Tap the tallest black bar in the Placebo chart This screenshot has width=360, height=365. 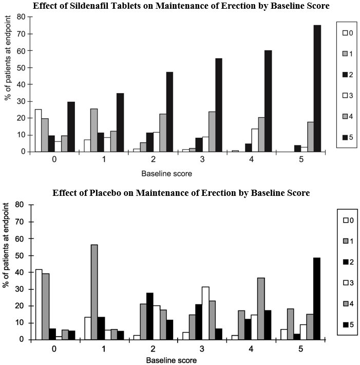tap(317, 298)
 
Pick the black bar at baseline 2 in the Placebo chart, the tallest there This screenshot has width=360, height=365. tap(150, 316)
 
